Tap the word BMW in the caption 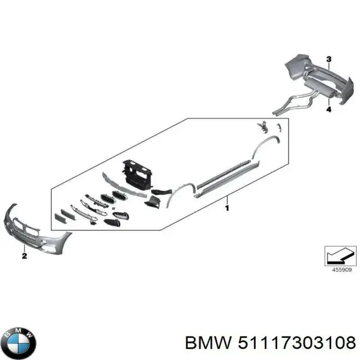click(209, 342)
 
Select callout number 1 click(227, 208)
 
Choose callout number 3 click(329, 58)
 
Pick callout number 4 click(329, 110)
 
